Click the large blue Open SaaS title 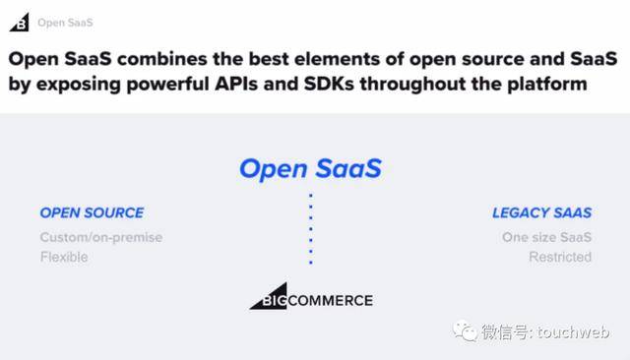pos(310,168)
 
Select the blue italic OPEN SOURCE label pos(92,212)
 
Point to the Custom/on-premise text pos(100,237)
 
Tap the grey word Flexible pos(64,257)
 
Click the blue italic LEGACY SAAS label pos(541,212)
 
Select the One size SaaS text pos(546,237)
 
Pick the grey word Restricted pos(559,257)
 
